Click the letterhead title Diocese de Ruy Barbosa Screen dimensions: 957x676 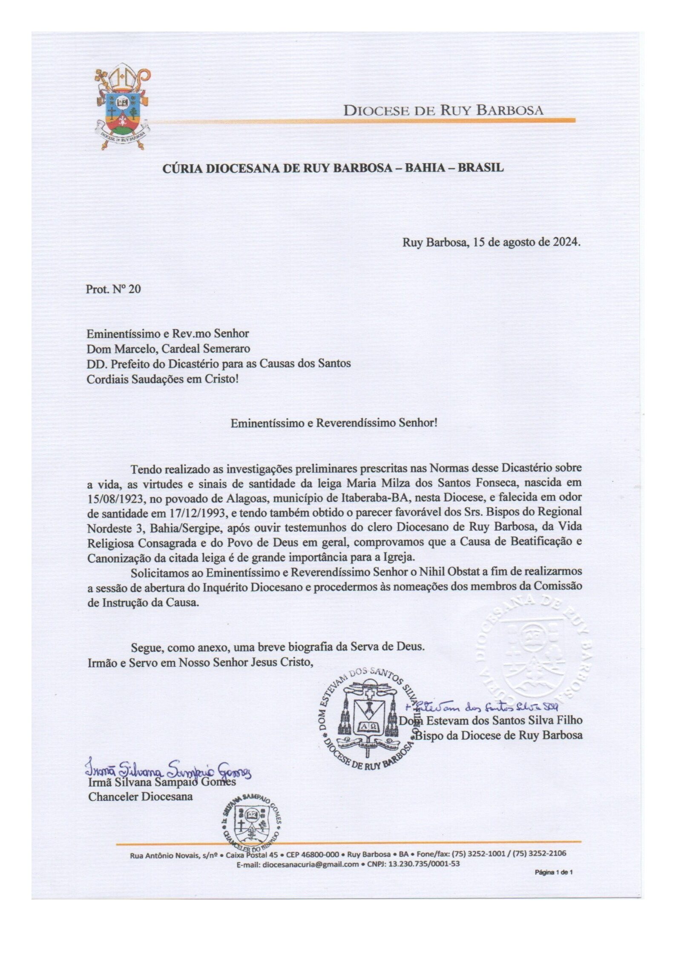click(x=443, y=110)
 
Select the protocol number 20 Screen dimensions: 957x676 click(x=134, y=289)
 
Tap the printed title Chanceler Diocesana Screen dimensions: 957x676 click(x=140, y=796)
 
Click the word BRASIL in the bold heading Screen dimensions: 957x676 click(x=480, y=168)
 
